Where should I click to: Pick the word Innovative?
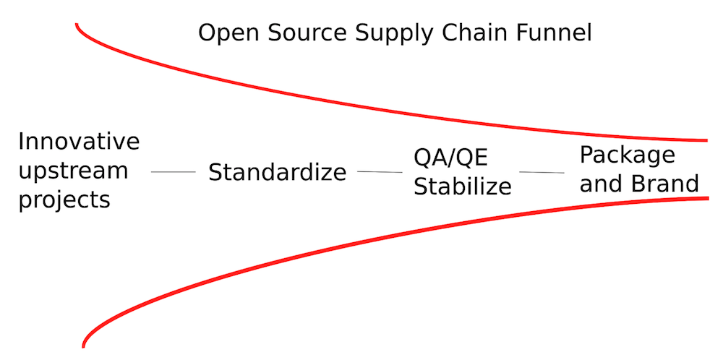pos(79,141)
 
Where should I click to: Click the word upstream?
pos(73,171)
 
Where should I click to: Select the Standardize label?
pos(277,172)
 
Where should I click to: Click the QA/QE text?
pos(450,158)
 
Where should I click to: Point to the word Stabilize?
pos(463,187)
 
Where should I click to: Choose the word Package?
pos(627,156)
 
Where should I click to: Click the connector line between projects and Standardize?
pos(174,172)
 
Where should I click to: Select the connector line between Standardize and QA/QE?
pos(380,172)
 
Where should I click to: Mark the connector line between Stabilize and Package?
pos(542,172)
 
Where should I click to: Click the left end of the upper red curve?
pos(77,24)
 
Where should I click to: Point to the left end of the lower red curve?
pos(84,346)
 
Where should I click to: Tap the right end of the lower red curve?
pos(707,198)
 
